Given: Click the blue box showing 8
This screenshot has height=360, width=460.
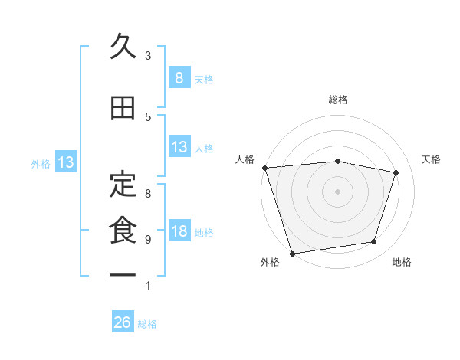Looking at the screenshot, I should point(179,78).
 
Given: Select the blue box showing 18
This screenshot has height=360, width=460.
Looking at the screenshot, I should point(179,232).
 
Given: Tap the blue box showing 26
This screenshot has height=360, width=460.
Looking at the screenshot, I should point(123,322).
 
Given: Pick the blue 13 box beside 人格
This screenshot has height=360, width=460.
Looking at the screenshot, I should point(179,148).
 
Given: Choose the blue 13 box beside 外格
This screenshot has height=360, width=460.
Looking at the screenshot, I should point(65,162).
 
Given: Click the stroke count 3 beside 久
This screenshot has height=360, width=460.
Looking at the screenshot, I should point(148,56).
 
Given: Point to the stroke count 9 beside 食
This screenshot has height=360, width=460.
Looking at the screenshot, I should point(148,240).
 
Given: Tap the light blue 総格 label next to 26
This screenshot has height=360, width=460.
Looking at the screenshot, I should point(147,324).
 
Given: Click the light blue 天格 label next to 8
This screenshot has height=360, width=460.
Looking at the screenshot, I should point(204,80).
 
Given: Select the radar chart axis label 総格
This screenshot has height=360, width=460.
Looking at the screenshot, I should point(337,100).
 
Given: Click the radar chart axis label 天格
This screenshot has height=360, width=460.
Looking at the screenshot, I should point(432,159).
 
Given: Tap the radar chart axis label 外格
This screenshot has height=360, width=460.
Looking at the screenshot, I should point(269,263).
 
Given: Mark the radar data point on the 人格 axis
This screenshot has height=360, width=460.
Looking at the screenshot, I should point(264,168).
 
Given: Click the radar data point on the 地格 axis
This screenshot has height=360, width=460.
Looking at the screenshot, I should point(374,242).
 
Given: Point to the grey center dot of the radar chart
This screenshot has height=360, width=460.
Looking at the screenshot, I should point(337,191).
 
